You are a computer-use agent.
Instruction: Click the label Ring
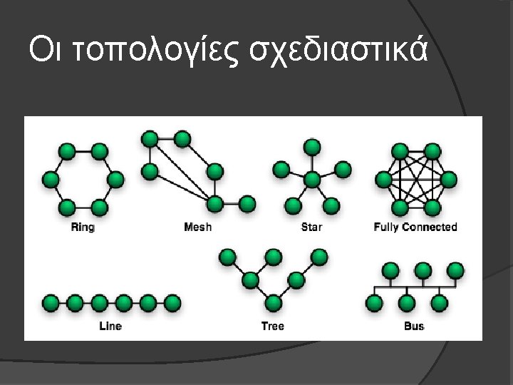coord(83,227)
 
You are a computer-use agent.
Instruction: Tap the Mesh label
coord(197,227)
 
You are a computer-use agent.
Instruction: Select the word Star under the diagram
coord(311,227)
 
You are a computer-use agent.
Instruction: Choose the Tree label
coord(272,326)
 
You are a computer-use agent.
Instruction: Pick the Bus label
coord(413,326)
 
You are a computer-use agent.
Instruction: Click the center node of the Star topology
coord(311,176)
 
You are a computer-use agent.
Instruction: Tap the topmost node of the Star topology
coord(311,147)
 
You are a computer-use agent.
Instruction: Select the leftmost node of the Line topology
coord(51,303)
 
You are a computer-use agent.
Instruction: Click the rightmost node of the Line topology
coord(172,303)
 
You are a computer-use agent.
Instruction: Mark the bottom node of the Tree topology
coord(272,303)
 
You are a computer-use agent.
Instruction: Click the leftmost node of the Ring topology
coord(51,179)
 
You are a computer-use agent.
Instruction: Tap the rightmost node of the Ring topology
coord(115,179)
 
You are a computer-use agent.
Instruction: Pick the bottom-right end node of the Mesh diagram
coord(247,205)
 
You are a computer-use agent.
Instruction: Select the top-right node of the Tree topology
coord(319,256)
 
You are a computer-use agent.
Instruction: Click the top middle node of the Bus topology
coord(423,270)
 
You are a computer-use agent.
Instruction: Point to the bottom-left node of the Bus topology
coord(374,304)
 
